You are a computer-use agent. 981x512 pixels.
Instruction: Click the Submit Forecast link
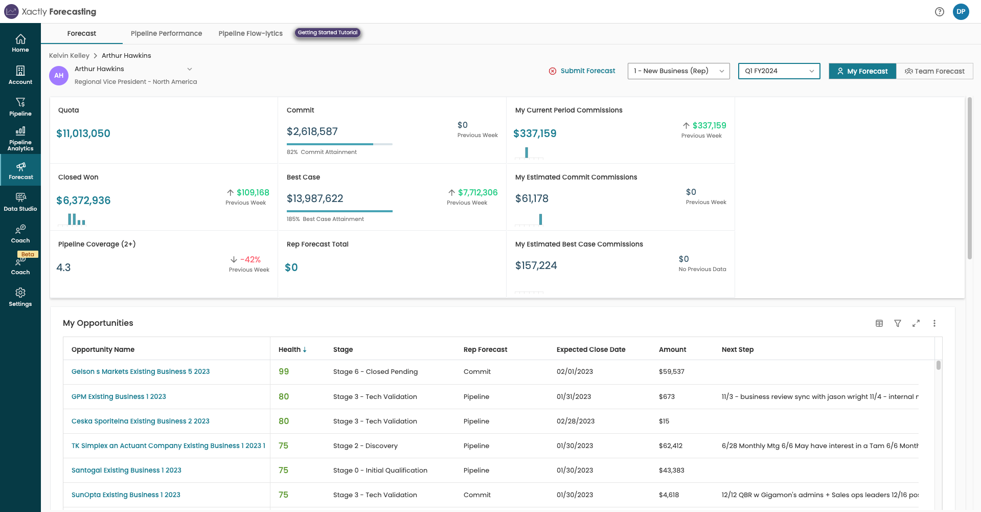coord(587,71)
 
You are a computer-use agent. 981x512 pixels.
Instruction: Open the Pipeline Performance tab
coord(166,33)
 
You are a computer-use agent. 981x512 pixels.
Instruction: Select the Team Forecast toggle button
coord(934,71)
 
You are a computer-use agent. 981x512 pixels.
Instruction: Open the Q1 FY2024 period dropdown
coord(779,71)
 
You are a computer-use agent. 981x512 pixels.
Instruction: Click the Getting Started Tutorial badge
coord(328,33)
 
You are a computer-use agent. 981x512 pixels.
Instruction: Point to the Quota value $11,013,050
coord(83,133)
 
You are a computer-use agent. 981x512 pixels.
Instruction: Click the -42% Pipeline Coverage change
coord(250,260)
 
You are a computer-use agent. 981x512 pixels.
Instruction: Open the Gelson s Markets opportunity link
coord(141,372)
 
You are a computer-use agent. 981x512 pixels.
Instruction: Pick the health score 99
coord(284,372)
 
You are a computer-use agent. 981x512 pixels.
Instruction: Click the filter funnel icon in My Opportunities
coord(897,323)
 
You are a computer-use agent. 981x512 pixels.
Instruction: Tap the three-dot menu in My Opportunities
coord(934,323)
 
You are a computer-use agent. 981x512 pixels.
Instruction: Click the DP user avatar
coord(961,12)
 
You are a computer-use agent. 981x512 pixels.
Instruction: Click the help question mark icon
coord(939,12)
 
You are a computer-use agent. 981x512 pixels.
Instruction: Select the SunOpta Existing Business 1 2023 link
coord(126,495)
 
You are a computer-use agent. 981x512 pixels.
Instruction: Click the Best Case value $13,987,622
coord(315,198)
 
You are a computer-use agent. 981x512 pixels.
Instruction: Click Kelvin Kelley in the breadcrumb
coord(69,56)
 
